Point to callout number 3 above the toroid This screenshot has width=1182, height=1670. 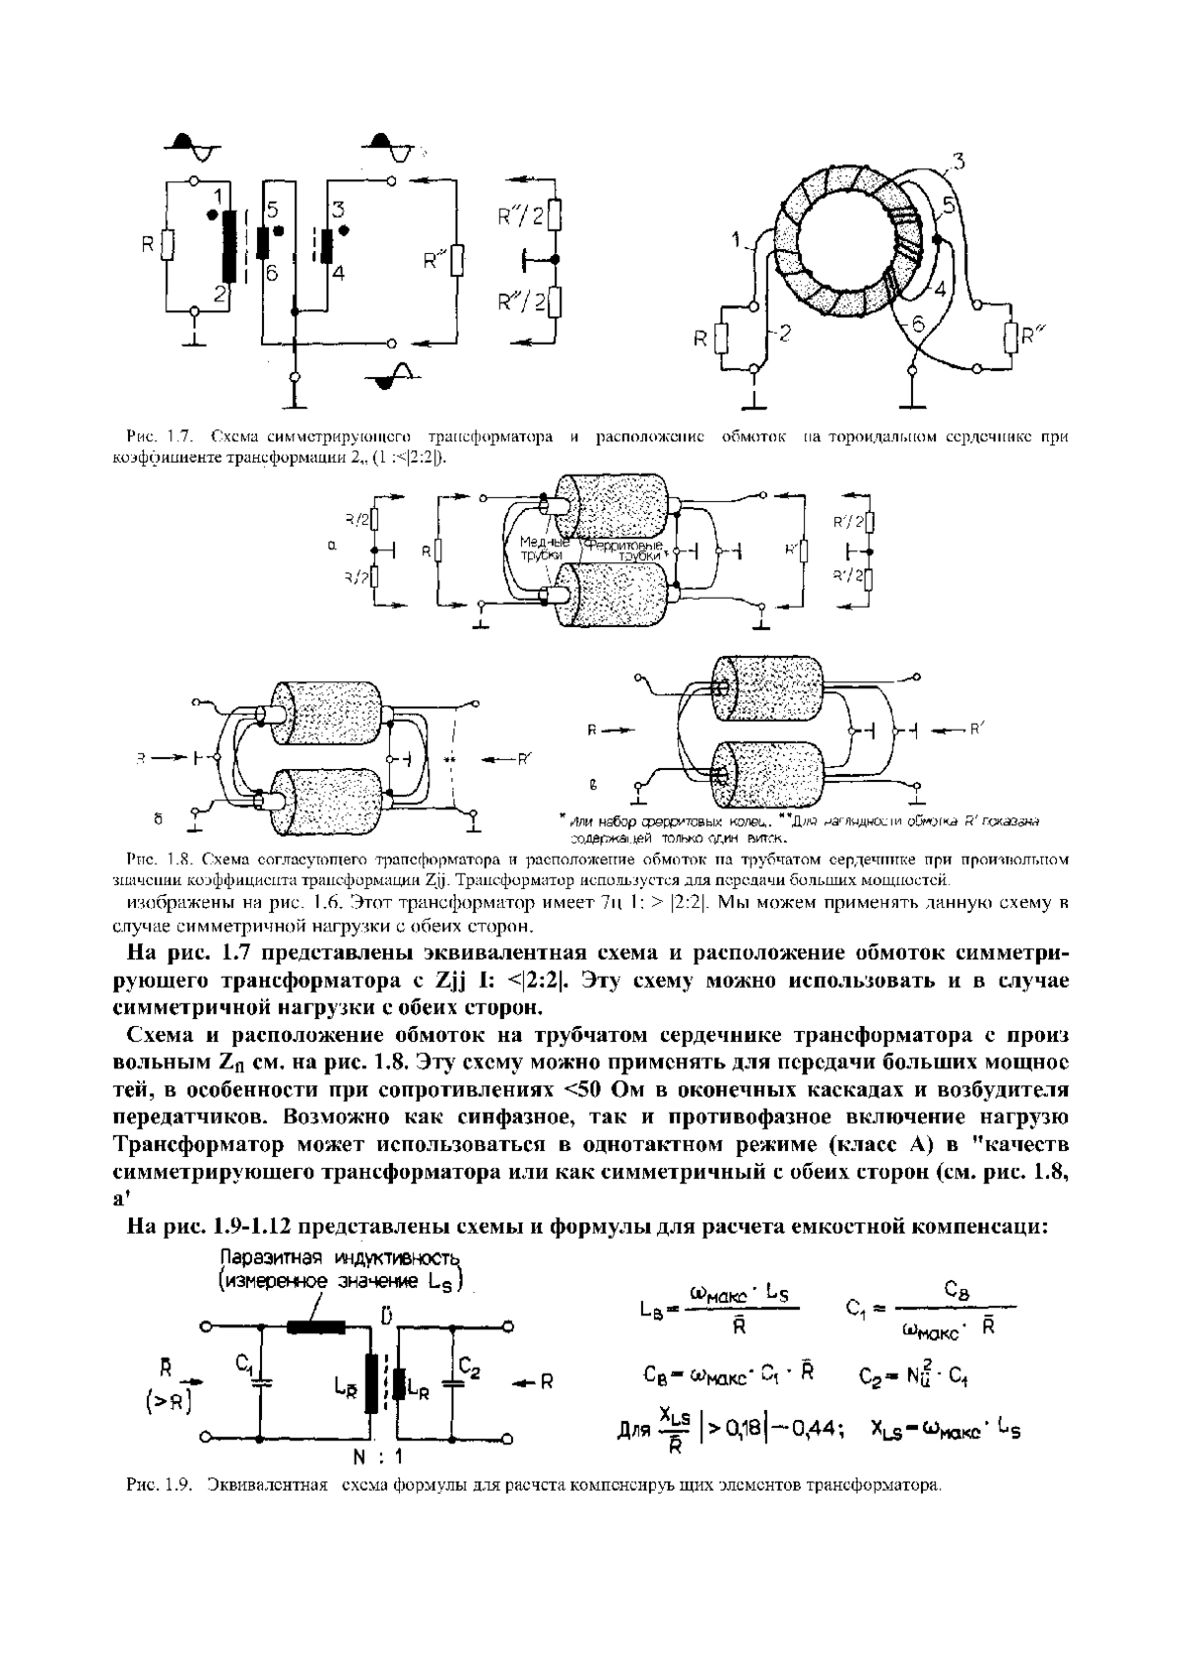point(959,162)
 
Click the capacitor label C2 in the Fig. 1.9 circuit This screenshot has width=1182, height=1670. point(469,1370)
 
